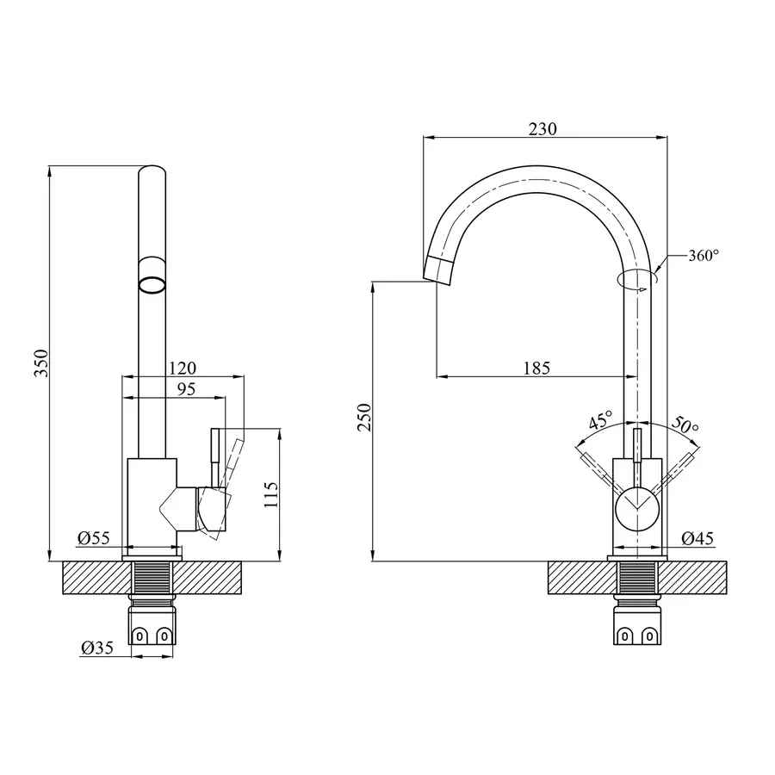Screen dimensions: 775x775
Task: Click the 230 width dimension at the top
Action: (542, 129)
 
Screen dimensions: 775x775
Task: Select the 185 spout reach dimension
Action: (536, 369)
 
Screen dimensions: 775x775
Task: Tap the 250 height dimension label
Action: (364, 417)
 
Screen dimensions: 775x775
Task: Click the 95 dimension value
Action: (186, 388)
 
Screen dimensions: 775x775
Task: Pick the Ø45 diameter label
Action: (697, 538)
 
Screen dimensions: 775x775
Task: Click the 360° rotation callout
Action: (703, 256)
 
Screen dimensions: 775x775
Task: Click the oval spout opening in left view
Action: (152, 283)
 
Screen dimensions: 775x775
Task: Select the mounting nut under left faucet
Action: (152, 624)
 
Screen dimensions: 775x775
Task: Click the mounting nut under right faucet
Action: (638, 624)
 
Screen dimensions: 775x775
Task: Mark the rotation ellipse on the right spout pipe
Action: (637, 278)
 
